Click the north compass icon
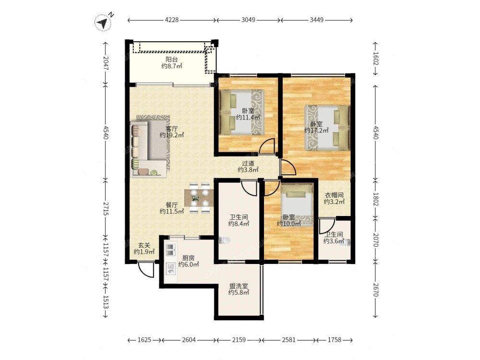coord(103,23)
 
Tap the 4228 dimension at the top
coord(172,20)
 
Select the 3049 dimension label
coord(248,20)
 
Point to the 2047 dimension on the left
coord(106,63)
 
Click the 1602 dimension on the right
coord(375,59)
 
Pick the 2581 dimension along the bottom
coord(288,340)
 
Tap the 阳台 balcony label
coord(172,60)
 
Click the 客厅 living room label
coord(172,129)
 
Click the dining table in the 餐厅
coord(199,198)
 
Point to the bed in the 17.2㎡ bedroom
coord(327,128)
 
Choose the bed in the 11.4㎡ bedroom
coord(242,112)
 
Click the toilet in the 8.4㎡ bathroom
coord(225,240)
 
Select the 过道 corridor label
coord(248,164)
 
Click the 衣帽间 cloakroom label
coord(334,195)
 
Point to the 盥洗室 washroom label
coord(239,286)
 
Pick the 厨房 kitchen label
coord(188,258)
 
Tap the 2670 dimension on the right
coord(375,289)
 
